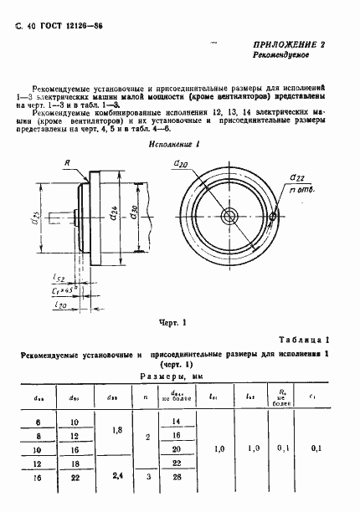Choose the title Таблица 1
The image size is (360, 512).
coord(313,339)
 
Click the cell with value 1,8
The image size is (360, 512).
coord(117,429)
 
